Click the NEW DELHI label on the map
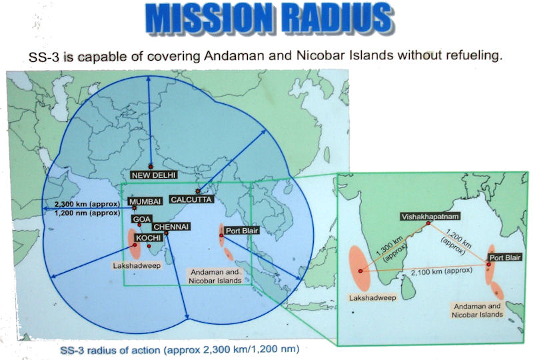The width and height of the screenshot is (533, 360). click(154, 175)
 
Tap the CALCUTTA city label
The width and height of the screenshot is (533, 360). click(191, 199)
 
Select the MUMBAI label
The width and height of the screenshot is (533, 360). click(145, 202)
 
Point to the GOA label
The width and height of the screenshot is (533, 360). click(142, 219)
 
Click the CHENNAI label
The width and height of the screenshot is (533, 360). click(171, 227)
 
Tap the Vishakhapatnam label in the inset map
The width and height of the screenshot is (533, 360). click(430, 217)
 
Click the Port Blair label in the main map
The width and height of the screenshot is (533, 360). click(242, 231)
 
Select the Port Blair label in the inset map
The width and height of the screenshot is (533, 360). click(505, 257)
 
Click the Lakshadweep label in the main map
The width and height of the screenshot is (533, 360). click(137, 265)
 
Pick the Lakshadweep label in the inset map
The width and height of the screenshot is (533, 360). click(372, 298)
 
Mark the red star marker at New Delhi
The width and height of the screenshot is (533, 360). click(151, 167)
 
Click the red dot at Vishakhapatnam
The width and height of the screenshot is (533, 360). click(428, 223)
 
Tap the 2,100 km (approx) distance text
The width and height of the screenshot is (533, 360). click(442, 271)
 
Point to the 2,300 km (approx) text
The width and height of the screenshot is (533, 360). click(87, 204)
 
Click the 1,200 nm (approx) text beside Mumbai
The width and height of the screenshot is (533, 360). click(87, 213)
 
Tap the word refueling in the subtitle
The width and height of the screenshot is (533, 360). click(471, 55)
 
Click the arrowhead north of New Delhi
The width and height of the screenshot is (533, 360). click(149, 79)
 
